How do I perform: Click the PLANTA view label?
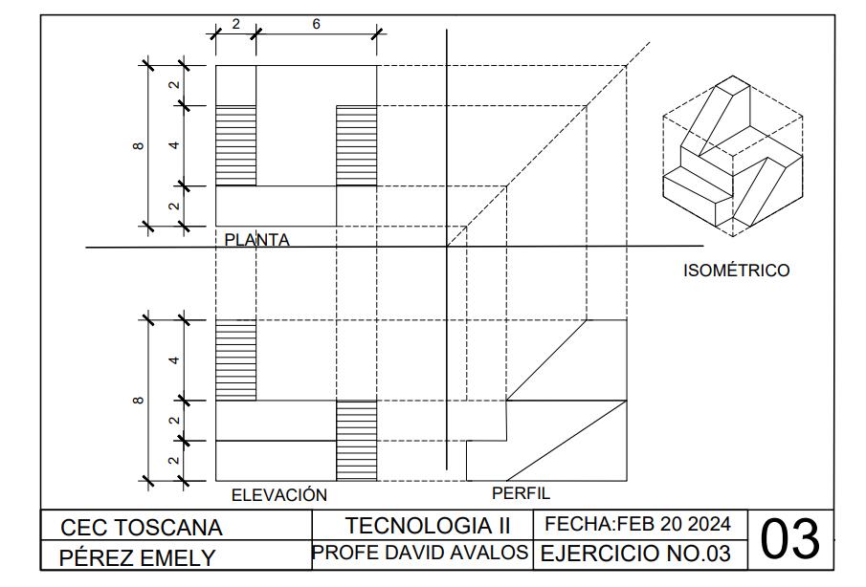[x=256, y=240]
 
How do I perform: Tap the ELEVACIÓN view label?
[x=279, y=495]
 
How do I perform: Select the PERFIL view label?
[x=521, y=493]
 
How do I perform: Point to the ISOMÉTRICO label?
[x=736, y=271]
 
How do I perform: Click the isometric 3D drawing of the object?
[x=732, y=157]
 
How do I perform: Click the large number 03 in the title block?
[x=790, y=540]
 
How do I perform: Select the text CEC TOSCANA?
[x=142, y=528]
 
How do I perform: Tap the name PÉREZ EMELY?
[x=138, y=557]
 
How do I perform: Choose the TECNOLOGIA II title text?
[x=428, y=526]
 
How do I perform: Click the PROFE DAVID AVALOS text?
[x=420, y=553]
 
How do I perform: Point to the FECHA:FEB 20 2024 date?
[x=638, y=524]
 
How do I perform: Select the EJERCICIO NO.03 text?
[x=636, y=554]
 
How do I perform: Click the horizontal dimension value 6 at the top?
[x=316, y=24]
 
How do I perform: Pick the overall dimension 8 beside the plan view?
[x=139, y=145]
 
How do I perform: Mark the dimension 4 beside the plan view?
[x=174, y=145]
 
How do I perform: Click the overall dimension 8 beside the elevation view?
[x=139, y=400]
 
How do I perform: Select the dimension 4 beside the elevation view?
[x=174, y=360]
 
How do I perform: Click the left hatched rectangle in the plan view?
[x=235, y=145]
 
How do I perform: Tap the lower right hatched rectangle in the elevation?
[x=356, y=440]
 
